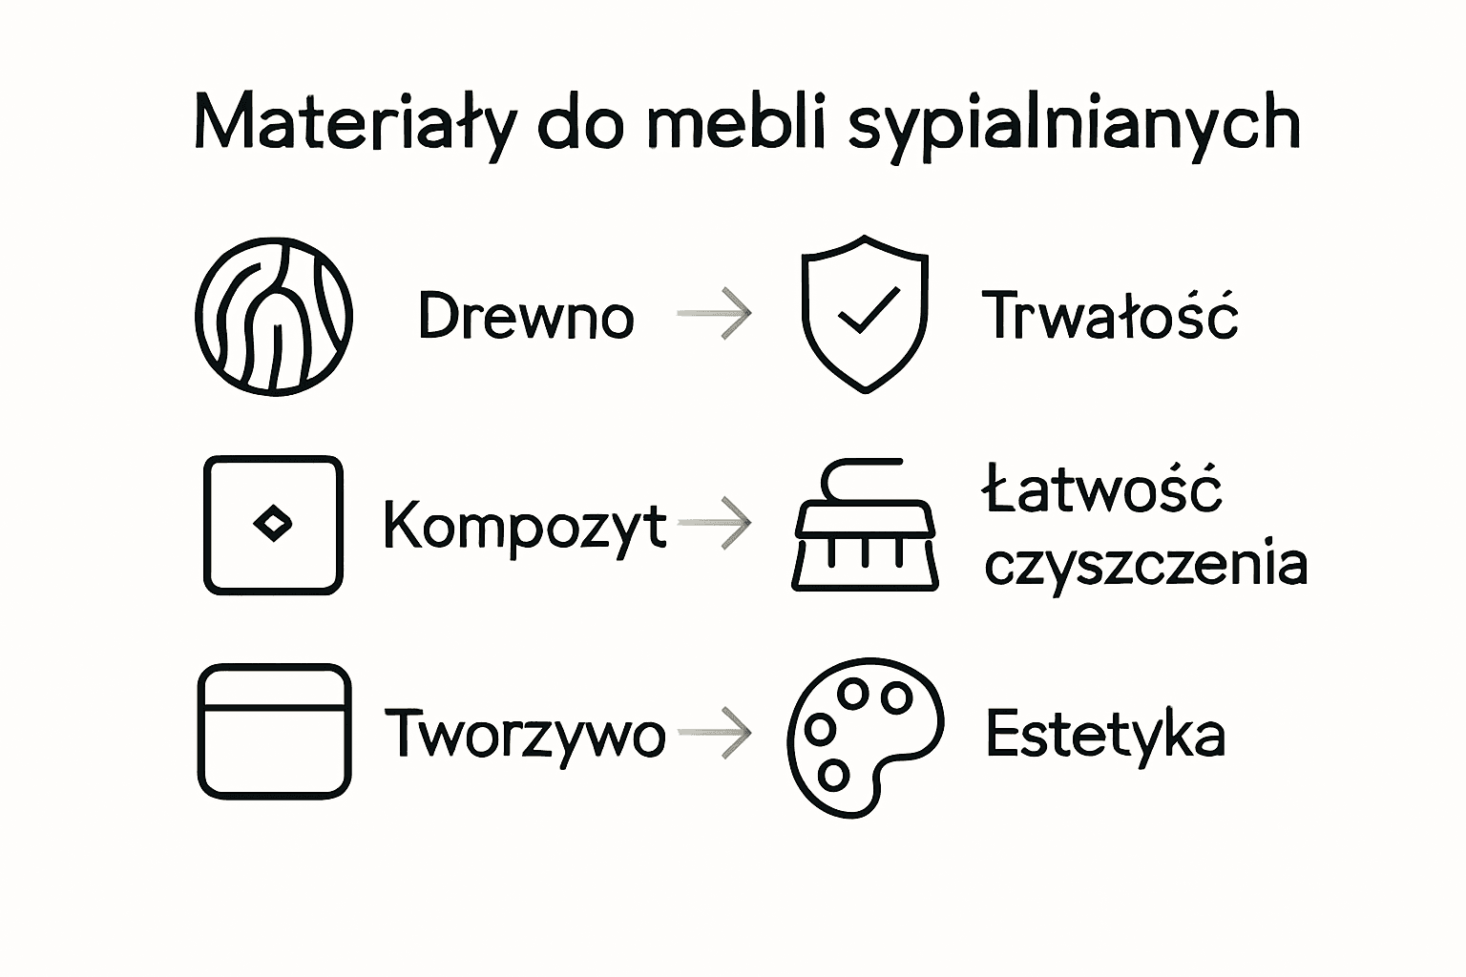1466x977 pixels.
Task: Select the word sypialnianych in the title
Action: coord(1074,127)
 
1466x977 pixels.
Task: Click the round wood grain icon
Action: coord(274,316)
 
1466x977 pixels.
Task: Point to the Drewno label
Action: coord(526,316)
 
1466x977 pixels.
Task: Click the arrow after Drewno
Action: coord(715,314)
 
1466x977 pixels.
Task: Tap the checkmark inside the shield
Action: coord(867,310)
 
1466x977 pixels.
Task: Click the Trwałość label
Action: coord(1110,315)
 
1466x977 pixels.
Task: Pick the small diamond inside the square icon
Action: coord(273,523)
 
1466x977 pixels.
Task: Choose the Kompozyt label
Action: coord(525,526)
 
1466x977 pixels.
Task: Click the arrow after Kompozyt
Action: coord(715,523)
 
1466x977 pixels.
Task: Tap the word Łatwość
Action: coord(1103,489)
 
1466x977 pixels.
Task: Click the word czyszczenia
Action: coord(1145,563)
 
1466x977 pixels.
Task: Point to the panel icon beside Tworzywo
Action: coord(274,731)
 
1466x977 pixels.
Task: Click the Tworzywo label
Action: coord(525,734)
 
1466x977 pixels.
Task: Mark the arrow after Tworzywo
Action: coord(715,733)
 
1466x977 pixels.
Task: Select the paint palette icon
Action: coord(864,736)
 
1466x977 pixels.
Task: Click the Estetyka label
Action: coord(1104,735)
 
